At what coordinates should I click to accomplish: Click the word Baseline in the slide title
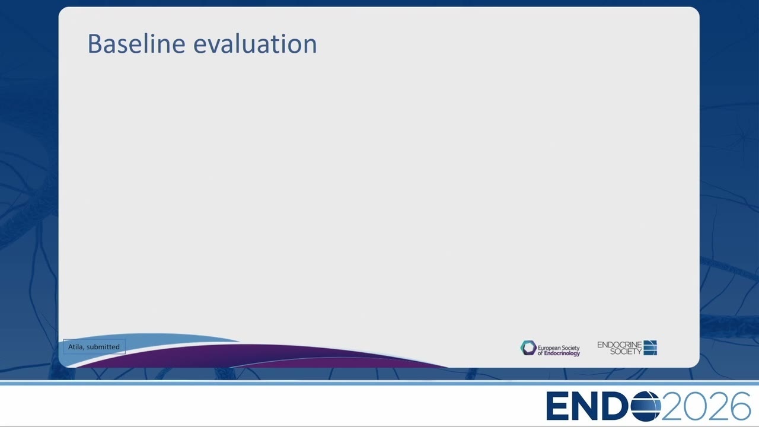(136, 43)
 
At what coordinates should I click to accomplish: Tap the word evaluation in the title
(255, 44)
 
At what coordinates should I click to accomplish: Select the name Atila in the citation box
(75, 347)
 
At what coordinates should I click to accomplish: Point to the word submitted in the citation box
(103, 347)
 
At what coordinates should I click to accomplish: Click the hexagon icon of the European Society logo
(528, 348)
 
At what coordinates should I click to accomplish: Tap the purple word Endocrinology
(562, 353)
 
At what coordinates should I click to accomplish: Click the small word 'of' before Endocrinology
(540, 353)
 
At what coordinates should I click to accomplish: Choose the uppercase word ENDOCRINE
(620, 345)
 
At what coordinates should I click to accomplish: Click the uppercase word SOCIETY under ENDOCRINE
(626, 352)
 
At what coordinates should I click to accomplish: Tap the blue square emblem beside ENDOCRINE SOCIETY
(650, 348)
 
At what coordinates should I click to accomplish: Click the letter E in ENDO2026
(557, 406)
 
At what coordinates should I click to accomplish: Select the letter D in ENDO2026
(617, 406)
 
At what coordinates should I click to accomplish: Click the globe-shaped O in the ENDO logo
(646, 406)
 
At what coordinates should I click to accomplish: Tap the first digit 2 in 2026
(673, 406)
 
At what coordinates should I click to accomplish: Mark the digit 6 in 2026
(739, 406)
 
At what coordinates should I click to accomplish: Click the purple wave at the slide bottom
(257, 356)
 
